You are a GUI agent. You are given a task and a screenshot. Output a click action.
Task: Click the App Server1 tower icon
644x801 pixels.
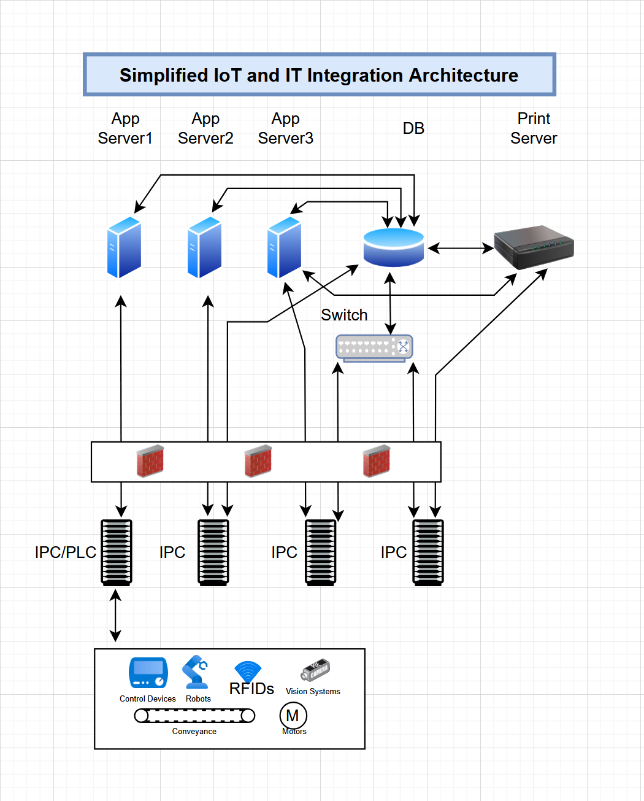124,247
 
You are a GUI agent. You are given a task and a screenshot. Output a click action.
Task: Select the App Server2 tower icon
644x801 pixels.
204,247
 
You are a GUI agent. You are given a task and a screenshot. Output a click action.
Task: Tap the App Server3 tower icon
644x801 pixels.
284,247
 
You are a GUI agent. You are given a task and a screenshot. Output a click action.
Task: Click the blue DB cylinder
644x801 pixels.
394,247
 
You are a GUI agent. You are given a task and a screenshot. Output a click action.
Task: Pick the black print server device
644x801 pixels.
534,247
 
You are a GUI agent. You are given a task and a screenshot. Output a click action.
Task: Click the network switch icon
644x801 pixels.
374,347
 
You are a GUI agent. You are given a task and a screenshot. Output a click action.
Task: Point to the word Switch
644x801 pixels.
344,315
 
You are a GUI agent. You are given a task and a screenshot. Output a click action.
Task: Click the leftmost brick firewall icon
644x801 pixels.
150,461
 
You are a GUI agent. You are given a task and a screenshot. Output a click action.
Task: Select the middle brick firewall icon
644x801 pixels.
258,461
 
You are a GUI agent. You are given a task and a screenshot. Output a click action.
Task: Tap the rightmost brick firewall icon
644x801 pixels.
376,461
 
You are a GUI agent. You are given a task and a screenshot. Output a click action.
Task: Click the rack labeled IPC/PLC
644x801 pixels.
117,552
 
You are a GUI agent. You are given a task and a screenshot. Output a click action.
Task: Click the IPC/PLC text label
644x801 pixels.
65,552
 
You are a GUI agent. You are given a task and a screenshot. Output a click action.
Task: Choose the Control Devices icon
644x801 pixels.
148,674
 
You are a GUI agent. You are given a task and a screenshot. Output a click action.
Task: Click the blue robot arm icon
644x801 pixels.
196,673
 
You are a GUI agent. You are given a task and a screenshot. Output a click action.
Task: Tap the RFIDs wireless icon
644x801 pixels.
248,671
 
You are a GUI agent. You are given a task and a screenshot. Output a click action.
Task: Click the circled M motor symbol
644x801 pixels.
293,716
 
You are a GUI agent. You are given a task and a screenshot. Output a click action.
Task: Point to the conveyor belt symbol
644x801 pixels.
194,716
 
